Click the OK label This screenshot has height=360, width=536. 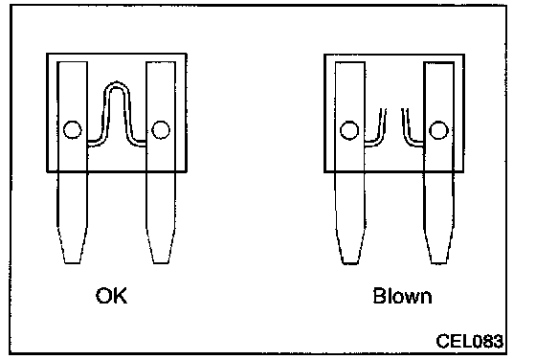[x=111, y=296]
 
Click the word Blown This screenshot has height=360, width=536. [x=402, y=296]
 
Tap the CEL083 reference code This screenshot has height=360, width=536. [x=469, y=341]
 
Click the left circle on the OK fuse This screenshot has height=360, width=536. [x=73, y=129]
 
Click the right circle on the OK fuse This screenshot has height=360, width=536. [x=161, y=129]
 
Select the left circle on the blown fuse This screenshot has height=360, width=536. [x=349, y=130]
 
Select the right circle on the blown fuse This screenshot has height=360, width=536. [x=438, y=130]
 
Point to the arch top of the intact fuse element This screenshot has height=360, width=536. [x=116, y=84]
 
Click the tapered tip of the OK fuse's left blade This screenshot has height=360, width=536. [x=73, y=262]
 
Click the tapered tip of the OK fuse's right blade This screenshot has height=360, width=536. [x=161, y=262]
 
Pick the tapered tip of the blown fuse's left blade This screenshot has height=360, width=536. [x=350, y=262]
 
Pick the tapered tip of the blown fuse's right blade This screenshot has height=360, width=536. [x=438, y=262]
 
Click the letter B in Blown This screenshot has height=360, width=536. [x=379, y=296]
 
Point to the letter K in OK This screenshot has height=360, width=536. [x=121, y=296]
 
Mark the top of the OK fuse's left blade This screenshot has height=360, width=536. [x=72, y=62]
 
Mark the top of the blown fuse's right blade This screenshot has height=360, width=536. [x=439, y=63]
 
